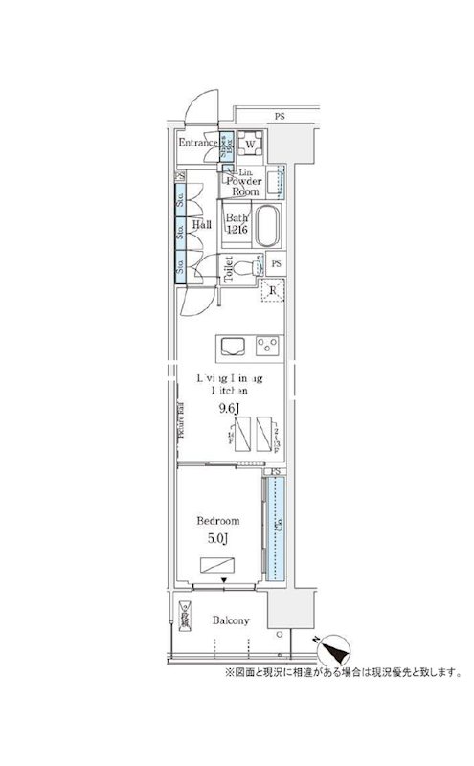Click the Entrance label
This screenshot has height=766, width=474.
click(199, 144)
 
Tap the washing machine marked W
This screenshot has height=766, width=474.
click(250, 145)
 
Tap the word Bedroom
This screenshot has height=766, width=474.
click(217, 521)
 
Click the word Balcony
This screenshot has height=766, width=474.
click(231, 620)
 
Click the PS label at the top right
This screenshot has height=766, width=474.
click(280, 116)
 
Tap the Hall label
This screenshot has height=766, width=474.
click(201, 225)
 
